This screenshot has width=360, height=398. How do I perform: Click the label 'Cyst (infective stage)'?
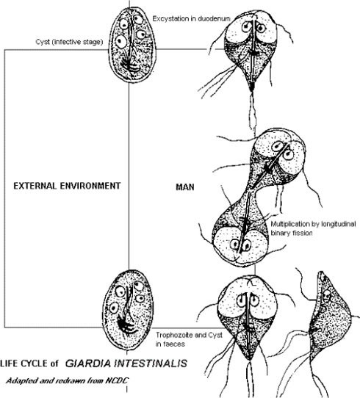pos(69,42)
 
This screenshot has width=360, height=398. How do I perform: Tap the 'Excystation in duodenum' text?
pos(191,19)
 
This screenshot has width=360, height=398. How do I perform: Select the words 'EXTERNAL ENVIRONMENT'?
pos(67,186)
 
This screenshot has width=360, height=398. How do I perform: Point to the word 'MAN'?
pos(185,187)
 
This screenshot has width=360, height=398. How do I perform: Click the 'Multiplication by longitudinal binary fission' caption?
pos(313,228)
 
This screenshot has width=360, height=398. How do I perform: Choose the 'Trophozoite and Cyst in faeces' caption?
pos(189,339)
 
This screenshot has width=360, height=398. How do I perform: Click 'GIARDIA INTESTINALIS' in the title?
pos(126,363)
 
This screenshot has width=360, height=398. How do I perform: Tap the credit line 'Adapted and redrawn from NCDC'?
pos(68,380)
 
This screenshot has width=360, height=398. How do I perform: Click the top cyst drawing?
pos(132,46)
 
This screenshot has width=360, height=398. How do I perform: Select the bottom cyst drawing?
pos(128,311)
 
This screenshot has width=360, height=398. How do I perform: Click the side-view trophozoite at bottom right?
pos(328,320)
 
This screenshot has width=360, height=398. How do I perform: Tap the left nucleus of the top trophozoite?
pos(247,26)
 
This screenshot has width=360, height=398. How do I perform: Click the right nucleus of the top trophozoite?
pos(261,28)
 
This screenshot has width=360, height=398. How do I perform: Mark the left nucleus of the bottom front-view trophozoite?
pos(241,301)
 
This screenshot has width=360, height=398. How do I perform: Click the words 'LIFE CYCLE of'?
pos(29,363)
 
